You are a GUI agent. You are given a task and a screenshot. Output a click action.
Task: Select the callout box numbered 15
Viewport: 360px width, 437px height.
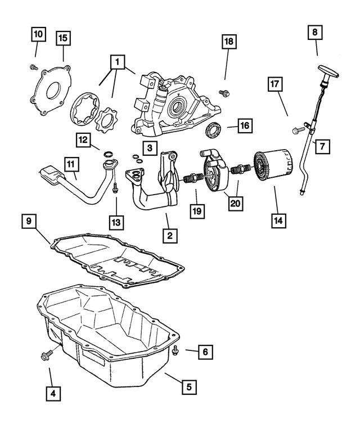(64, 38)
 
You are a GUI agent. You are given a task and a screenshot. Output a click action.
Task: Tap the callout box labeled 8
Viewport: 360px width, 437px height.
(315, 33)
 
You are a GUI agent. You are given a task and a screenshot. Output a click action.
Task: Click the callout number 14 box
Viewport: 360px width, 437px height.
(276, 220)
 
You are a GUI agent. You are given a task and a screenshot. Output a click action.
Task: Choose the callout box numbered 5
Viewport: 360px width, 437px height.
(190, 387)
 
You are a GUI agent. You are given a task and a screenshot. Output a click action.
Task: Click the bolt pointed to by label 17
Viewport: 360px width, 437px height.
(297, 130)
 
